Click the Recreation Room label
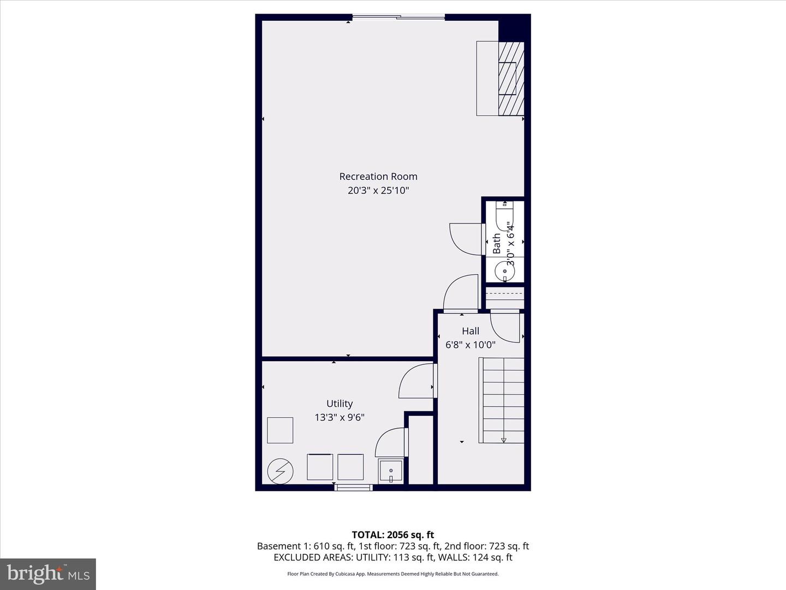(378, 176)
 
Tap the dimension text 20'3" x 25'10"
(378, 191)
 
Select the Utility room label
(340, 404)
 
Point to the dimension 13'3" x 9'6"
(340, 417)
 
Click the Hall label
(471, 331)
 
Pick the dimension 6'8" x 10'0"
(471, 345)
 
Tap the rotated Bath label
(497, 244)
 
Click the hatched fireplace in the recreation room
(511, 79)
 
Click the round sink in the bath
(504, 271)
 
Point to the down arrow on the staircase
(504, 440)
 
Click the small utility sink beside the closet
(391, 471)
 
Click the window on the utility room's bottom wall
(353, 487)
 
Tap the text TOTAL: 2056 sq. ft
(392, 535)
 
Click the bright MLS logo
(48, 574)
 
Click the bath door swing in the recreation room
(466, 239)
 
